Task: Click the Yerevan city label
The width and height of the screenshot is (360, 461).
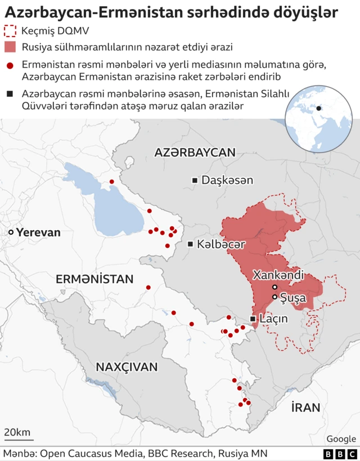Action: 38,232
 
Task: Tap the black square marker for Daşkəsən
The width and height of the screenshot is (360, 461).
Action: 195,180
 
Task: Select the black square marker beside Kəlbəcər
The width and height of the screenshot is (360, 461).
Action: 191,244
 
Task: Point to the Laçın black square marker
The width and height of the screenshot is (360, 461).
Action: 253,319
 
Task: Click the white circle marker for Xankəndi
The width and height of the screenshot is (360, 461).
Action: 274,287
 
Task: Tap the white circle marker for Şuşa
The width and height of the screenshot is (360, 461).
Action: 274,297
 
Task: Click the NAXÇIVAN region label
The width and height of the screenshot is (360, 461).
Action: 127,366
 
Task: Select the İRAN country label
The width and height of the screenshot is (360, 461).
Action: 305,407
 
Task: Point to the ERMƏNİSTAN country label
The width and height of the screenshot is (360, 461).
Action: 94,279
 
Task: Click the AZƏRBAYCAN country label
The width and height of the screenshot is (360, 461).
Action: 195,152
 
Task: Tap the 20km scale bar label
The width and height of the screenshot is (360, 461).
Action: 17,432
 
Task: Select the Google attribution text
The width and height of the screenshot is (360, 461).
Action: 341,439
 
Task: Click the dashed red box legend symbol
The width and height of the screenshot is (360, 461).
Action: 10,31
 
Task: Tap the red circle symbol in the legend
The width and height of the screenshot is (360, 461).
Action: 10,66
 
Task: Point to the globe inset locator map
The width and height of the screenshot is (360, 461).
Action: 318,119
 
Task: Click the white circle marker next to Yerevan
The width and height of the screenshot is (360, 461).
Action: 11,232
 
